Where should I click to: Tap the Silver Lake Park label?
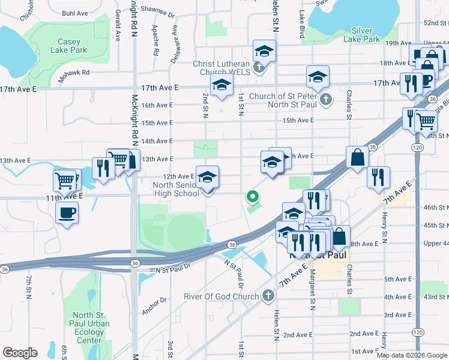coord(362,35)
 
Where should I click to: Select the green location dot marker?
coord(253,196)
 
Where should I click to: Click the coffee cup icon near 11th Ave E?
coord(67,212)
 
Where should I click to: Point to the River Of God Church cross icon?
coord(268,296)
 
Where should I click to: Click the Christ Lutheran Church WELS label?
coord(221,68)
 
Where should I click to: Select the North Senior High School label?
coord(175,190)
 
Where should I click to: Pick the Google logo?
coord(20,353)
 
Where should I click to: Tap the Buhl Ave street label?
coord(74,12)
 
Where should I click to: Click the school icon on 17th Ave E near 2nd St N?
coord(221,87)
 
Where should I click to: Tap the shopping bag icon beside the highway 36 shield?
coord(357,158)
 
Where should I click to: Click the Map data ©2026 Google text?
coord(412,355)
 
